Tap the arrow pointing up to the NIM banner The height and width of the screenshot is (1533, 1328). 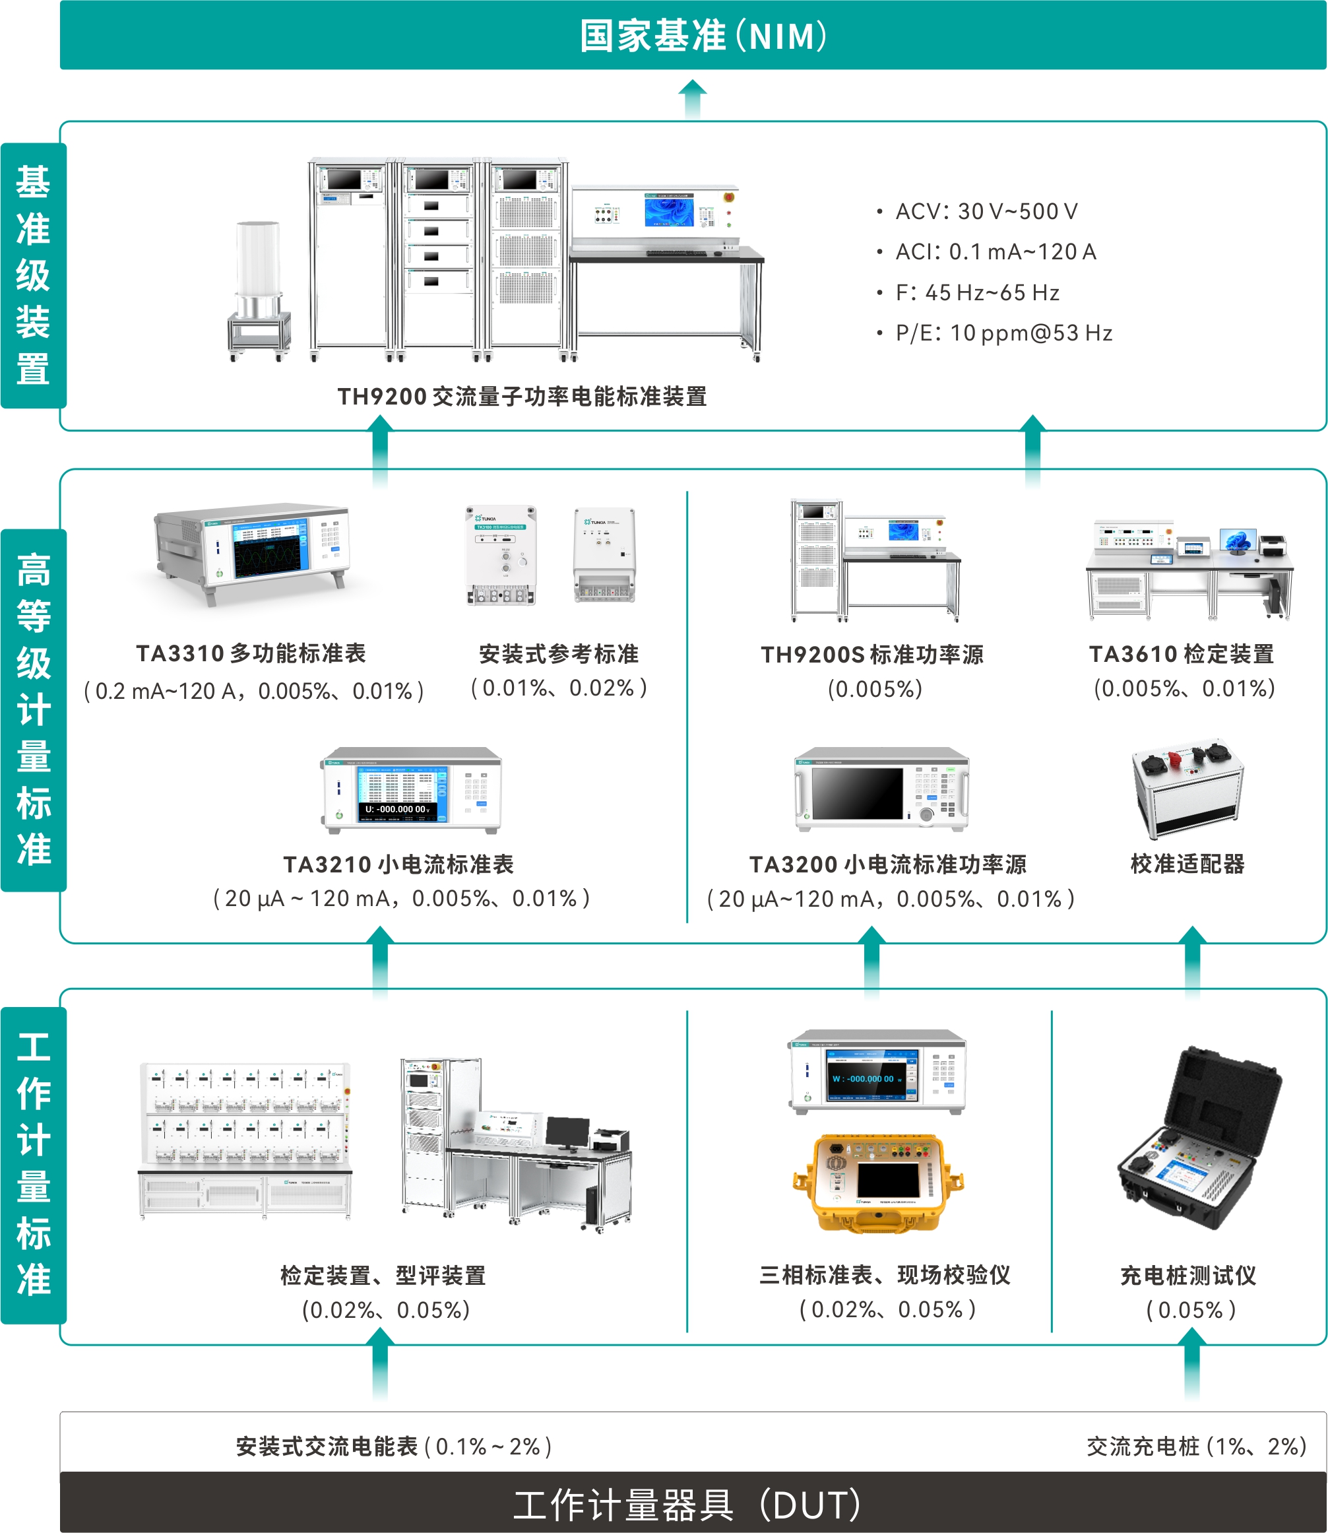(x=693, y=97)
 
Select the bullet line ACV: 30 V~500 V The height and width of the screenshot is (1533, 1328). (x=986, y=211)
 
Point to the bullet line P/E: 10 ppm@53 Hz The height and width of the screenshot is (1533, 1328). (x=1003, y=333)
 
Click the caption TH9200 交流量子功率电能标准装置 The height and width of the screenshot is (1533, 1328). (x=522, y=397)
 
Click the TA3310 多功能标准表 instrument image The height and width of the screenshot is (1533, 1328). (x=251, y=554)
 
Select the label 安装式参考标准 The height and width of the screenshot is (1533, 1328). (x=559, y=653)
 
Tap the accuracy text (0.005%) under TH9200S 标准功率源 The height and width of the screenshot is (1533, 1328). (x=875, y=689)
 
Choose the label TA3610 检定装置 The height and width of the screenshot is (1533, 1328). (x=1182, y=653)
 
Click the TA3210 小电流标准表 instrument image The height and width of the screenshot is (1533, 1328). (x=411, y=790)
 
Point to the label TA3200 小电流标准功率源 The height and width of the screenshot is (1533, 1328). (x=888, y=864)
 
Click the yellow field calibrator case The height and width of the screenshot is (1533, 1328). (x=878, y=1182)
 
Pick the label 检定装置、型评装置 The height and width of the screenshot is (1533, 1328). (x=383, y=1275)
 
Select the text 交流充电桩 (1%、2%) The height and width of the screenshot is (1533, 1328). (x=1196, y=1447)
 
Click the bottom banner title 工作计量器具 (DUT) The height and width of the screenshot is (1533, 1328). (x=687, y=1504)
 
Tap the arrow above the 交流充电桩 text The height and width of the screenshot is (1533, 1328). (x=1191, y=1363)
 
